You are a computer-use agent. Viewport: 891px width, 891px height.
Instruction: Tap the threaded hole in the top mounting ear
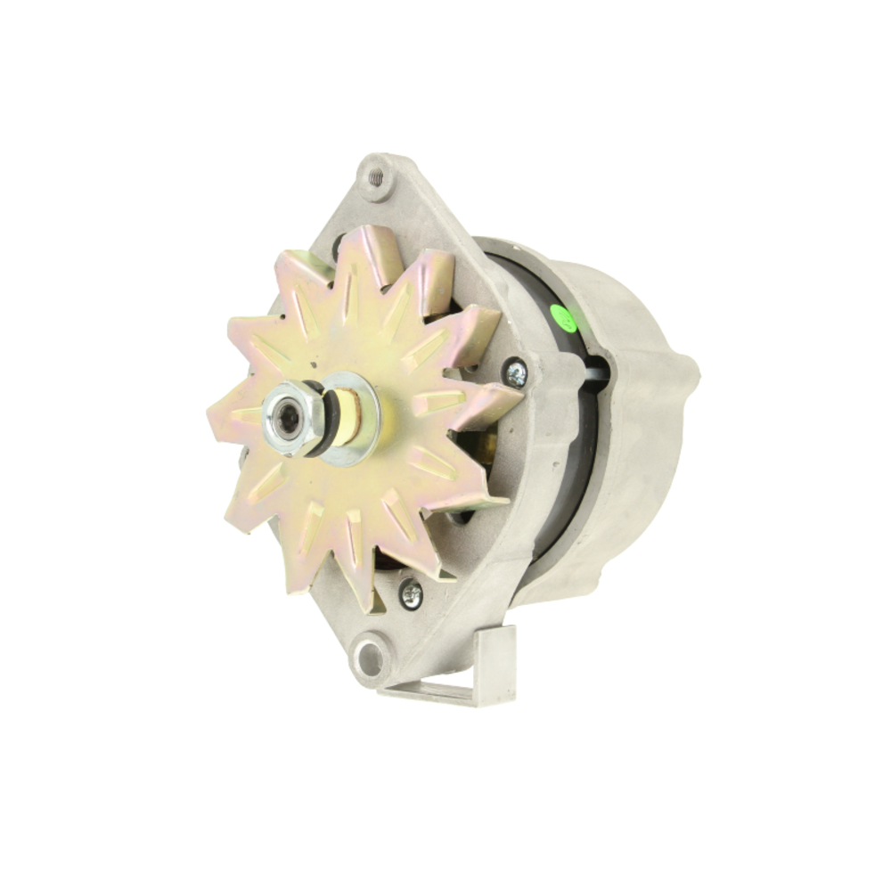point(376,176)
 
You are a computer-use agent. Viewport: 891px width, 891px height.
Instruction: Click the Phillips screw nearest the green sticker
point(515,372)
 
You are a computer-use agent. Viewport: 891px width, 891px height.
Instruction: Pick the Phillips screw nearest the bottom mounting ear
point(411,593)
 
